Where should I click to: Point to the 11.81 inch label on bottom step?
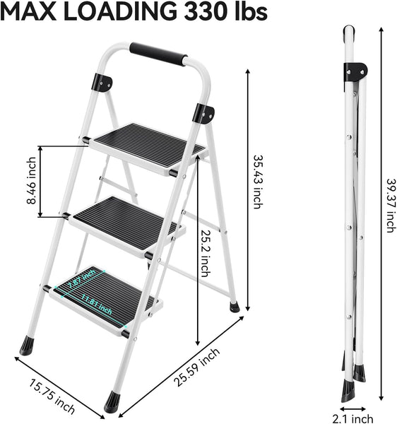point(96,306)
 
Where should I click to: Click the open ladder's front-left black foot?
point(28,345)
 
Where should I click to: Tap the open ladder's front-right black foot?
point(112,401)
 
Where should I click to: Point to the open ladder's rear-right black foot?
point(235,307)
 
